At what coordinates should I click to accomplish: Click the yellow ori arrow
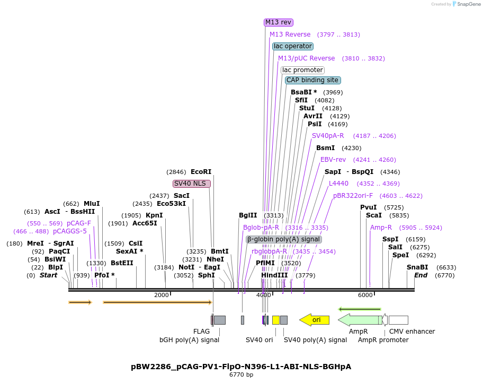[x=315, y=320]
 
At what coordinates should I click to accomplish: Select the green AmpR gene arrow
[x=360, y=320]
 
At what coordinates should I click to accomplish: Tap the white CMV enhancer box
[x=398, y=320]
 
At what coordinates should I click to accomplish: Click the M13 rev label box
[x=279, y=22]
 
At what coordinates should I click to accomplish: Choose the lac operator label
[x=293, y=46]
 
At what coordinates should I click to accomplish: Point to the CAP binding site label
[x=312, y=80]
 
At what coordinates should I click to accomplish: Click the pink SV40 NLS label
[x=192, y=184]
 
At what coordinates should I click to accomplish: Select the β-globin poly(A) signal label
[x=284, y=239]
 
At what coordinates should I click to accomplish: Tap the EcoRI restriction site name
[x=201, y=172]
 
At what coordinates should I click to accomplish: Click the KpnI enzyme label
[x=154, y=215]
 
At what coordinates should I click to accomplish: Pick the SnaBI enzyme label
[x=417, y=267]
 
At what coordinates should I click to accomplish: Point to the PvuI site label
[x=368, y=207]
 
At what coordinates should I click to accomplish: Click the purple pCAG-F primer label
[x=79, y=223]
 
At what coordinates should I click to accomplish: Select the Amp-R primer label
[x=381, y=228]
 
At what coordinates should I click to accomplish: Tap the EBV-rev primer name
[x=333, y=160]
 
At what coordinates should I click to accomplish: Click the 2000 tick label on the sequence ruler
[x=162, y=295]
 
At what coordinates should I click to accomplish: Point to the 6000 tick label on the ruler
[x=365, y=295]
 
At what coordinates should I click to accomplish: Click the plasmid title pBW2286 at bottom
[x=241, y=367]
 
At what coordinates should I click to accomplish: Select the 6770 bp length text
[x=241, y=375]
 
